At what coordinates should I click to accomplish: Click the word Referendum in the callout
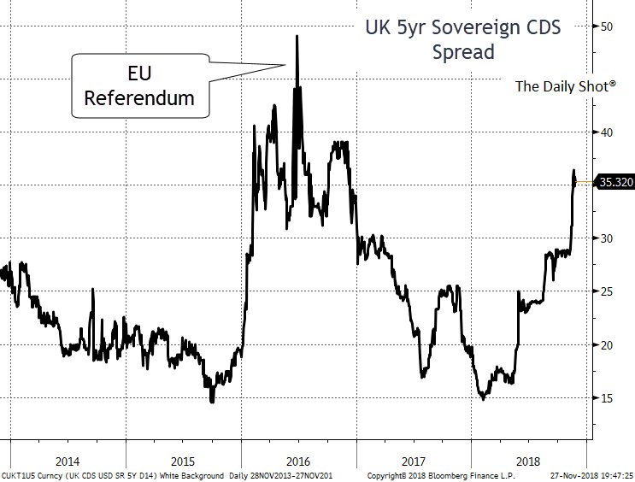pyautogui.click(x=138, y=99)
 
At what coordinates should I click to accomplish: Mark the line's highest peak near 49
pyautogui.click(x=297, y=36)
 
